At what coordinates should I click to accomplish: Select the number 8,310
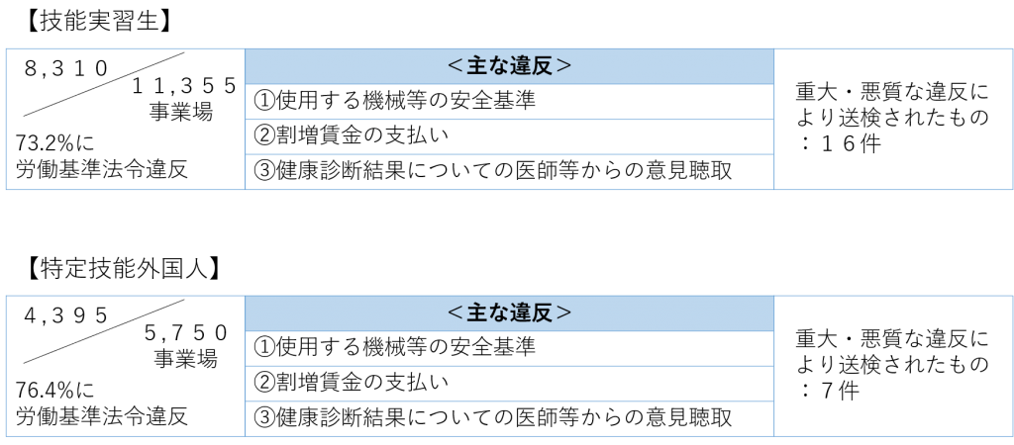66,68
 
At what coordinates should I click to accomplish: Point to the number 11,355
184,86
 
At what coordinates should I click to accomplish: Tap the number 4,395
66,315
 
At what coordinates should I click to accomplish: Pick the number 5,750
186,333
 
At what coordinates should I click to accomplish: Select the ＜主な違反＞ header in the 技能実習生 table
510,66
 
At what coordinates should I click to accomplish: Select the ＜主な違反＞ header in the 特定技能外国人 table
510,313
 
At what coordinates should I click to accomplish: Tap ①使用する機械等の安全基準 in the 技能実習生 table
394,101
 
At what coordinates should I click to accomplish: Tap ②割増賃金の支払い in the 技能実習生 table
352,135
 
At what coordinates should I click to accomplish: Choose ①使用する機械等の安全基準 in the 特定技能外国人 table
394,348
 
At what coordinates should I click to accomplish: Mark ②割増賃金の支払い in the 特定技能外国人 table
352,383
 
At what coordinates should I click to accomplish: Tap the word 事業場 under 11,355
181,112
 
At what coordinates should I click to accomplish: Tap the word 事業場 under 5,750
185,358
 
